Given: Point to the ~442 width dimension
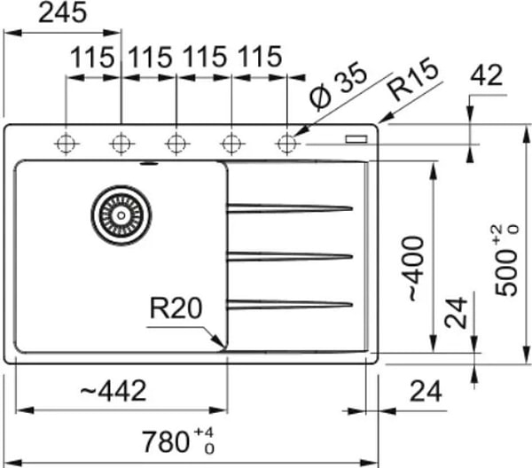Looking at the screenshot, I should click(x=113, y=391).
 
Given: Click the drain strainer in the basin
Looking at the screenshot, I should click(x=121, y=214).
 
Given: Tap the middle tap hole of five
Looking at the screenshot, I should click(x=176, y=142).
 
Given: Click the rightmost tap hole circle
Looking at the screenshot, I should click(x=286, y=142).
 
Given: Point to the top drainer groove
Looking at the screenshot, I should click(x=289, y=208).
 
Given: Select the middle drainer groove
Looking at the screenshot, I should click(x=289, y=257).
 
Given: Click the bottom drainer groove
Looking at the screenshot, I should click(x=289, y=305).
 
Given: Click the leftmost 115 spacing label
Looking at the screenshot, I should click(x=93, y=59).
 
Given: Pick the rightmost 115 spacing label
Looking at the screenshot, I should click(x=259, y=59).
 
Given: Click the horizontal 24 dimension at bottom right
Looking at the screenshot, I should click(x=426, y=390).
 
